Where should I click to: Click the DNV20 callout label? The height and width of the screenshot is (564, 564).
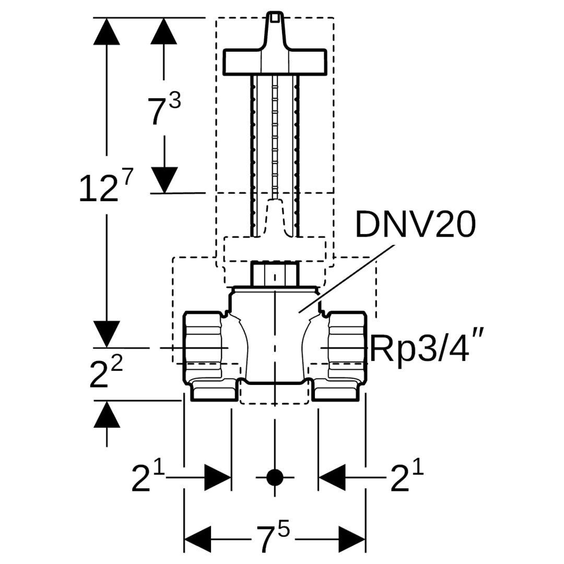pyautogui.click(x=415, y=225)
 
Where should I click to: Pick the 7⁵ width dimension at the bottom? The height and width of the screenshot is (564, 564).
pyautogui.click(x=273, y=538)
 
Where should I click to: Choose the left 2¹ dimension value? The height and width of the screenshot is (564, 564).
pyautogui.click(x=147, y=478)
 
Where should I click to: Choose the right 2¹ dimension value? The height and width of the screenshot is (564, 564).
pyautogui.click(x=407, y=478)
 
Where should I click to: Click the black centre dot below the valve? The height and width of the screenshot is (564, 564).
pyautogui.click(x=274, y=477)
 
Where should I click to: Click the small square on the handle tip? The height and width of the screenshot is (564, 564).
pyautogui.click(x=275, y=18)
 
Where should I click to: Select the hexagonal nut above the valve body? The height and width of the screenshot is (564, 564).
pyautogui.click(x=275, y=274)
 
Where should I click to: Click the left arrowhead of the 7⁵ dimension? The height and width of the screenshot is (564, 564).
pyautogui.click(x=197, y=539)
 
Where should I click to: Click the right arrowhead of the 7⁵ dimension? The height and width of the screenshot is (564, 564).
pyautogui.click(x=351, y=539)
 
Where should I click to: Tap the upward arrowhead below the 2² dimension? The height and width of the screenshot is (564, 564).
pyautogui.click(x=107, y=416)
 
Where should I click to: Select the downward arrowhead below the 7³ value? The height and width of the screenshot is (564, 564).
pyautogui.click(x=164, y=179)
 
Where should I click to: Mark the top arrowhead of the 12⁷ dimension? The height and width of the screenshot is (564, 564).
pyautogui.click(x=107, y=31)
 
